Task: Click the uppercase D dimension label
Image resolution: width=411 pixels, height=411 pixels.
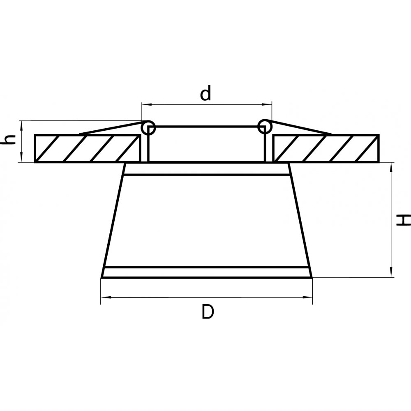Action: point(208,312)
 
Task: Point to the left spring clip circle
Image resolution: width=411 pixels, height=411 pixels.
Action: point(148,128)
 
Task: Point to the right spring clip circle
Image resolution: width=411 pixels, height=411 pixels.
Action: point(265,127)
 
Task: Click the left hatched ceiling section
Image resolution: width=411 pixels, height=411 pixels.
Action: point(88,148)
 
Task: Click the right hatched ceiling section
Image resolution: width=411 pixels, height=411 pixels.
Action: point(326,148)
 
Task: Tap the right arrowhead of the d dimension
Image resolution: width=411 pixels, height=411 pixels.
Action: point(267,104)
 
